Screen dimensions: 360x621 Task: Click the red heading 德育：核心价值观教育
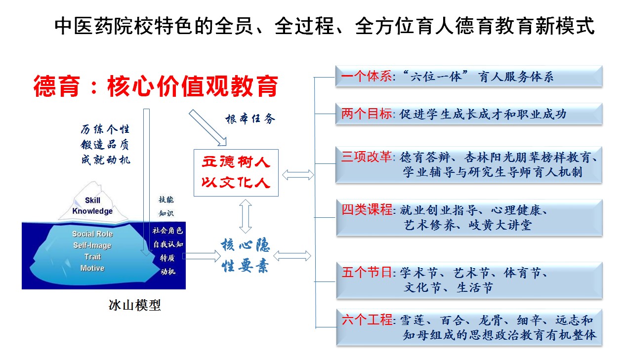click(x=156, y=86)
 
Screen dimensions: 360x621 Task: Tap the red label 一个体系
click(x=366, y=77)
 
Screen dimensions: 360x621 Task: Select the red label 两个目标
click(x=366, y=114)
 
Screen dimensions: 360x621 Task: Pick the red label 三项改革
click(x=366, y=158)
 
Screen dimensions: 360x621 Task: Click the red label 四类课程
click(x=366, y=210)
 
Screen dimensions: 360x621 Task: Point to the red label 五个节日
click(x=366, y=272)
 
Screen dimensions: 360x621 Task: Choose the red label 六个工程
click(x=366, y=320)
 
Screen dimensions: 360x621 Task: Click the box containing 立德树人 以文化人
click(x=236, y=172)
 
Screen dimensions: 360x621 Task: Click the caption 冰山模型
click(x=135, y=305)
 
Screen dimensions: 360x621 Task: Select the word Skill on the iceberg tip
click(x=92, y=200)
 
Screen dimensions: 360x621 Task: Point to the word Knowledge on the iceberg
click(x=92, y=211)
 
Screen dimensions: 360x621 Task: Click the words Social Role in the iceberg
click(x=92, y=234)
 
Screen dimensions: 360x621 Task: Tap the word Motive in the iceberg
click(x=92, y=268)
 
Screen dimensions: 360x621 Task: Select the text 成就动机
click(x=105, y=160)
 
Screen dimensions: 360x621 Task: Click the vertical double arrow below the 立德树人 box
click(x=246, y=216)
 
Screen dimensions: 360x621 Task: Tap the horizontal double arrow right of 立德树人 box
click(x=298, y=174)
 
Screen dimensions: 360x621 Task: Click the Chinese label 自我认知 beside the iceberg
click(x=167, y=244)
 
